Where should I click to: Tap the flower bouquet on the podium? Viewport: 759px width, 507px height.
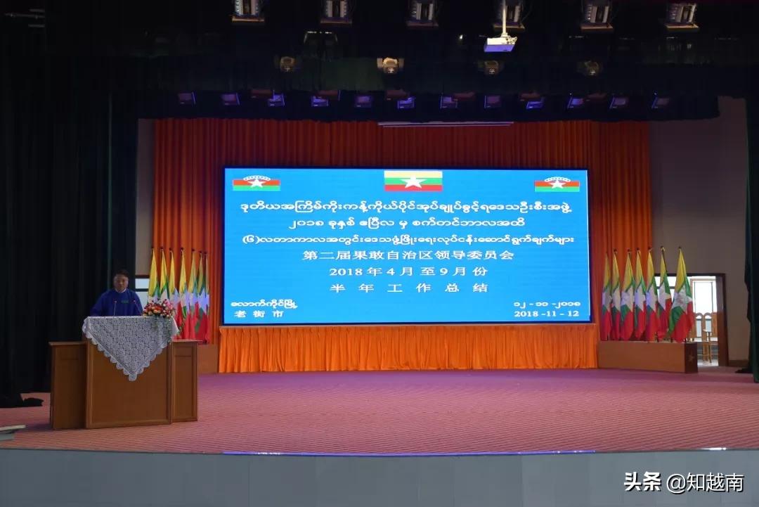(159, 308)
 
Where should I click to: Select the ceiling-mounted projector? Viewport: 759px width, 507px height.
(500, 43)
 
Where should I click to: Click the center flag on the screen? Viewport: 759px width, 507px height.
(413, 181)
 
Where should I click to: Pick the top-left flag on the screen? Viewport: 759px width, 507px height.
(256, 183)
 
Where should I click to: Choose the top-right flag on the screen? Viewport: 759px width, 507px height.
(557, 184)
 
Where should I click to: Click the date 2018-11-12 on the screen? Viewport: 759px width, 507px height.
(547, 313)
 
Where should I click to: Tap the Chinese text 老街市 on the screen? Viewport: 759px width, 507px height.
(249, 314)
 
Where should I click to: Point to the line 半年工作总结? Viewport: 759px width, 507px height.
(407, 287)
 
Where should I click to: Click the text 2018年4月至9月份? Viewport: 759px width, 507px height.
(407, 271)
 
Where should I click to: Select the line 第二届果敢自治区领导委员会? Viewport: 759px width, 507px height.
(407, 255)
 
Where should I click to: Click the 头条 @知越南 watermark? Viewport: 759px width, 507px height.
(683, 482)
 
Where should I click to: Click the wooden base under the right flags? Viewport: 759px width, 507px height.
(647, 356)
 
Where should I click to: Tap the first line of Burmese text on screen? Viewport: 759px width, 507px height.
(407, 206)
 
